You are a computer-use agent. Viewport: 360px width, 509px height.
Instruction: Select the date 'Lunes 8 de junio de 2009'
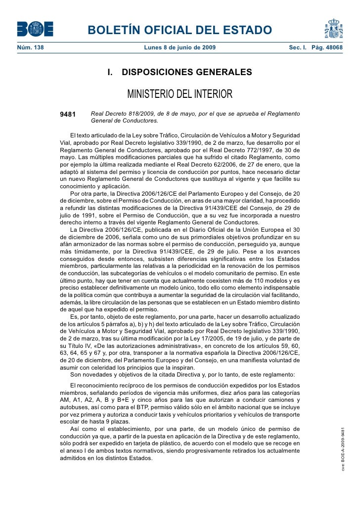coord(180,48)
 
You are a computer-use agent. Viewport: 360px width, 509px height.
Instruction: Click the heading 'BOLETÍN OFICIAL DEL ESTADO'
coord(180,31)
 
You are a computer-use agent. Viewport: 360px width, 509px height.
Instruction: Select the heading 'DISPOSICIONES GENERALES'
coord(186,73)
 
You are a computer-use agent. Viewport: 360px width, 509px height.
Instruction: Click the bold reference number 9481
coord(68,115)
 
